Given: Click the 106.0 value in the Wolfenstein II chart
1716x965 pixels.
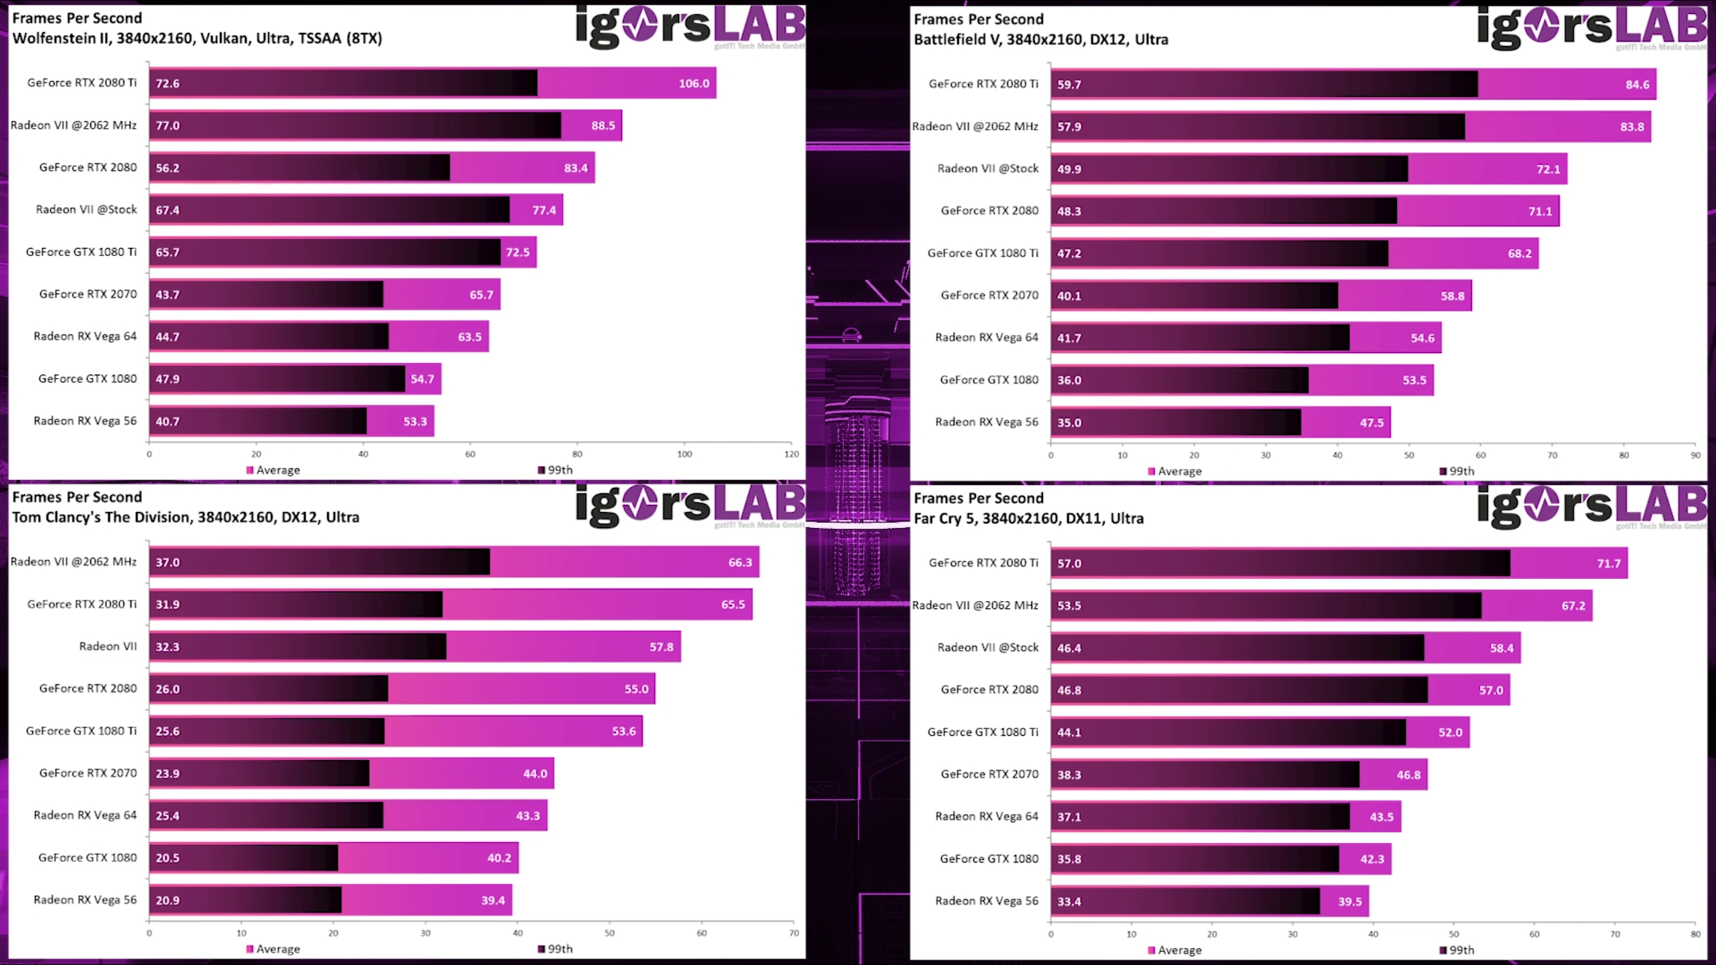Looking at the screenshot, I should coord(694,84).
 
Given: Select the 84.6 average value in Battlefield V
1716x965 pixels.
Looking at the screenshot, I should coord(1637,85).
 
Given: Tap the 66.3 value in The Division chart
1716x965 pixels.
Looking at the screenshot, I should coord(740,563).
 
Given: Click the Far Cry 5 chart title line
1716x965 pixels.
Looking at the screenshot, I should coord(1028,519).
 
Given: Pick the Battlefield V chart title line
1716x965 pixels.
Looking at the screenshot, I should coord(1040,40).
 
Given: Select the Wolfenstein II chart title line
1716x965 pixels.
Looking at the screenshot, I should coord(197,38).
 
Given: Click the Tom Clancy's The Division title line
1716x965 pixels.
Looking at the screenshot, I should coord(186,517).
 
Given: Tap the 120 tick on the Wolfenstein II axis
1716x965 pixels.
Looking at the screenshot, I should coord(792,454).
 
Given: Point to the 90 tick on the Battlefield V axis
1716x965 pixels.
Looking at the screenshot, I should coord(1695,456).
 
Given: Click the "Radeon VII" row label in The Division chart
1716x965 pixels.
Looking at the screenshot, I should coord(108,647).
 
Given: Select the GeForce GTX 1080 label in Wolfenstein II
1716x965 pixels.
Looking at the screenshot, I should coord(87,379).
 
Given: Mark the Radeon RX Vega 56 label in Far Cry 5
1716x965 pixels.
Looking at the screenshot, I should coord(986,901).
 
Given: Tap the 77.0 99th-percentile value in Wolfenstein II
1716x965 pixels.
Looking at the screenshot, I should coord(168,126).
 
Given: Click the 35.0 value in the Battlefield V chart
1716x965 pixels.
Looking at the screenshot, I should coord(1068,423).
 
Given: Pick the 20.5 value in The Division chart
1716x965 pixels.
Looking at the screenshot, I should coord(168,858).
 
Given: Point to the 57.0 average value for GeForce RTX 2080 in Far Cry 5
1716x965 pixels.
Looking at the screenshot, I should coord(1491,691).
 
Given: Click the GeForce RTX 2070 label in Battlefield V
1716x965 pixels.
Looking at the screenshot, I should coord(989,296).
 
